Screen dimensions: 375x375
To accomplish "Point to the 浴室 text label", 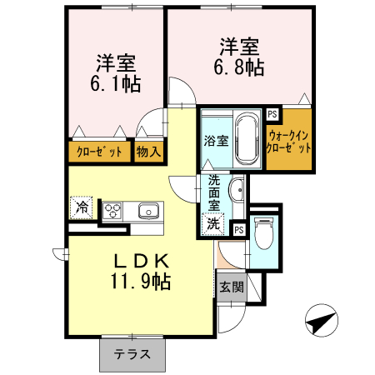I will pos(215,140).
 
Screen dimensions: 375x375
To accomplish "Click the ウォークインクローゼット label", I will pos(289,139).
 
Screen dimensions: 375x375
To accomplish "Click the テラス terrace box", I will pos(132,353).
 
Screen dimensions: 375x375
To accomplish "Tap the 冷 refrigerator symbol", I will pos(82,206).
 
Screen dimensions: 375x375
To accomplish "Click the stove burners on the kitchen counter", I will pos(112,210).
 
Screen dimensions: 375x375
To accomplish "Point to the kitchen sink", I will pos(148,210).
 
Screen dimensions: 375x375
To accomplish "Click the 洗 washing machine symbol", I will pos(215,222).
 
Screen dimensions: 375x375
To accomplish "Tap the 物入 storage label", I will pos(150,152).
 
